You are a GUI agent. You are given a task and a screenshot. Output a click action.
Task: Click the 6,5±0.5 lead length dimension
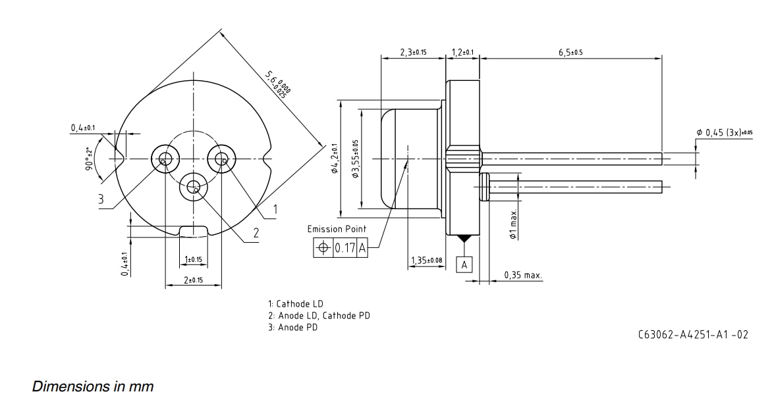(570, 52)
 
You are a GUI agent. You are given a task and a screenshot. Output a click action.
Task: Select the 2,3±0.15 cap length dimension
(413, 52)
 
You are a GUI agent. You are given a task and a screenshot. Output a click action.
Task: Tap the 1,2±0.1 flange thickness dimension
(463, 52)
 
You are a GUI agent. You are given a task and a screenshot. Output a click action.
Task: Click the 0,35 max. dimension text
(523, 275)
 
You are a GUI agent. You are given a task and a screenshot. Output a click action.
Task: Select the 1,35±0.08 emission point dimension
(427, 261)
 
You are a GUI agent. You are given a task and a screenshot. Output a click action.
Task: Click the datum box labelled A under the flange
(464, 264)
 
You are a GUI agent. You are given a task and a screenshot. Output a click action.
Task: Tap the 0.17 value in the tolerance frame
(345, 248)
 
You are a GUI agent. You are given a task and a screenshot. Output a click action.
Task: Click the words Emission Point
(337, 229)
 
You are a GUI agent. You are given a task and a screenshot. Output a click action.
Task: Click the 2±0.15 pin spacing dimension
(193, 280)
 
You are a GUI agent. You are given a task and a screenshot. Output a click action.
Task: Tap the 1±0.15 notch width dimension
(193, 259)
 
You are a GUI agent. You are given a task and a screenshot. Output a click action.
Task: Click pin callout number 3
(101, 199)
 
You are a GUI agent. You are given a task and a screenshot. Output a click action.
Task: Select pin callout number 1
(275, 209)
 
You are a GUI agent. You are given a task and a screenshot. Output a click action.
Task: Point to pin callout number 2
(256, 232)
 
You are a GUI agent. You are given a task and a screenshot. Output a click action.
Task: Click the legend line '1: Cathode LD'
(296, 304)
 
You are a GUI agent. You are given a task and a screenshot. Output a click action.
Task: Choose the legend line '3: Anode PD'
(292, 327)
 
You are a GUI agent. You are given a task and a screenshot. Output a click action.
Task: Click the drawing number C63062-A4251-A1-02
(693, 334)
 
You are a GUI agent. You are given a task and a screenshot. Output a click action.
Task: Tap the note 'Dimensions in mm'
(93, 386)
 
